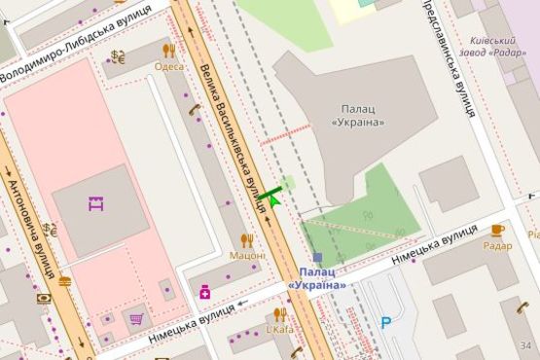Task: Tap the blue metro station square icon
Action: [317, 257]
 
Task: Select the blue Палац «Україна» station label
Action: [317, 278]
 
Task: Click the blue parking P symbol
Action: [387, 322]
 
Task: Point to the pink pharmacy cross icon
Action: [205, 291]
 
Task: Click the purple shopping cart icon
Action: [136, 318]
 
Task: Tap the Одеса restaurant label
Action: [168, 66]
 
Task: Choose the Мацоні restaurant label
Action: [247, 255]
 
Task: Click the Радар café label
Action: [497, 246]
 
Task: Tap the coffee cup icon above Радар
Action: [497, 230]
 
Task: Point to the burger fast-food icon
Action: [64, 281]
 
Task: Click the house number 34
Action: [526, 345]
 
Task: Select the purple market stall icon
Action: [95, 203]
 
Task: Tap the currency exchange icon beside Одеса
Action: [118, 56]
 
